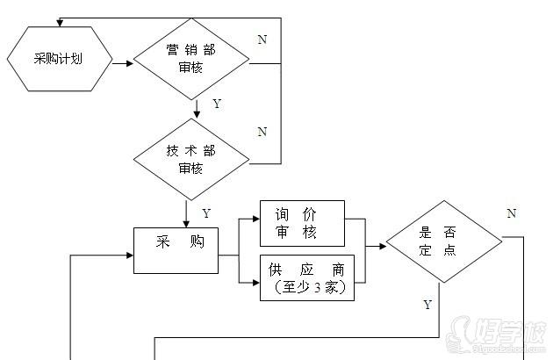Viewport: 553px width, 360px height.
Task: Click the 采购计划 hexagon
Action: (60, 60)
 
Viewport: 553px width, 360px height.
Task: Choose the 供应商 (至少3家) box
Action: (307, 277)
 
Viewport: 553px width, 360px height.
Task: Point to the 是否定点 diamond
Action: (444, 241)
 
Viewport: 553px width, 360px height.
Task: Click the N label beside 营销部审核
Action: (262, 40)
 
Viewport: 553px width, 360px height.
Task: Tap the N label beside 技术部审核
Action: (262, 132)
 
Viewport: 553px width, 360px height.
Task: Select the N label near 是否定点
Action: (511, 213)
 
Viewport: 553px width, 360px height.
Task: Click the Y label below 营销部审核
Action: (217, 104)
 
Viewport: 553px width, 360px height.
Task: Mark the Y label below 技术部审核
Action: (206, 213)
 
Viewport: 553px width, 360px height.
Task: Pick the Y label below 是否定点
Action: (427, 305)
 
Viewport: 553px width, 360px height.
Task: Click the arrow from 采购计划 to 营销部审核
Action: (123, 61)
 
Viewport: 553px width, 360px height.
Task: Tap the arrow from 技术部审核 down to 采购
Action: (187, 215)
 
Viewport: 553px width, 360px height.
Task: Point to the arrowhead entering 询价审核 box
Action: (255, 223)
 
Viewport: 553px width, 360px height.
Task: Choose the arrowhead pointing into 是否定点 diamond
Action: (382, 247)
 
